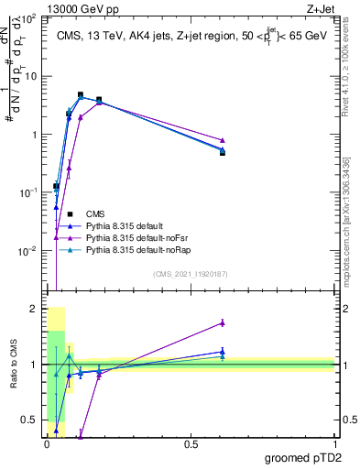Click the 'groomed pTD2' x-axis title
coord(304,459)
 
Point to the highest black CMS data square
coord(81,95)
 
